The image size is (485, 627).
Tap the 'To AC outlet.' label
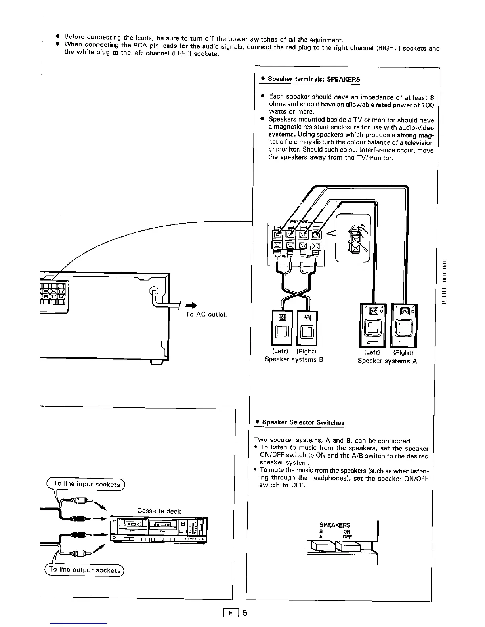(206, 314)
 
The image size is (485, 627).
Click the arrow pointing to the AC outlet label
(192, 305)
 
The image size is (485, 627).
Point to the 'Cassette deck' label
(159, 511)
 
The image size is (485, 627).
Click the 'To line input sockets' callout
(86, 484)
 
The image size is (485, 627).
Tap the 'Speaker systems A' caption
(387, 361)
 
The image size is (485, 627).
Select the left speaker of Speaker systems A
(372, 325)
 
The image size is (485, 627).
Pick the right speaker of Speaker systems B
(307, 327)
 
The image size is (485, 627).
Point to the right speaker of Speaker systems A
(404, 325)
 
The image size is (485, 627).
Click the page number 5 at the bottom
(244, 613)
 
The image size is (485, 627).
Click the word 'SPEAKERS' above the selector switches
(335, 525)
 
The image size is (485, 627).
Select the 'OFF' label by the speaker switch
(347, 537)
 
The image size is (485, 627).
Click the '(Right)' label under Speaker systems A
(403, 353)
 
